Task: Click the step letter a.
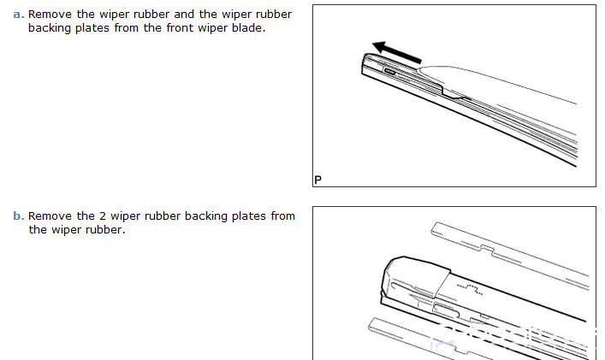[x=18, y=15]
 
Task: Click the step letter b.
[x=18, y=216]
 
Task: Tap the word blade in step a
[x=248, y=28]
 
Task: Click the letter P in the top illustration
[x=318, y=180]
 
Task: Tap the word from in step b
[x=282, y=216]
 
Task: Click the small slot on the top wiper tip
[x=390, y=73]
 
